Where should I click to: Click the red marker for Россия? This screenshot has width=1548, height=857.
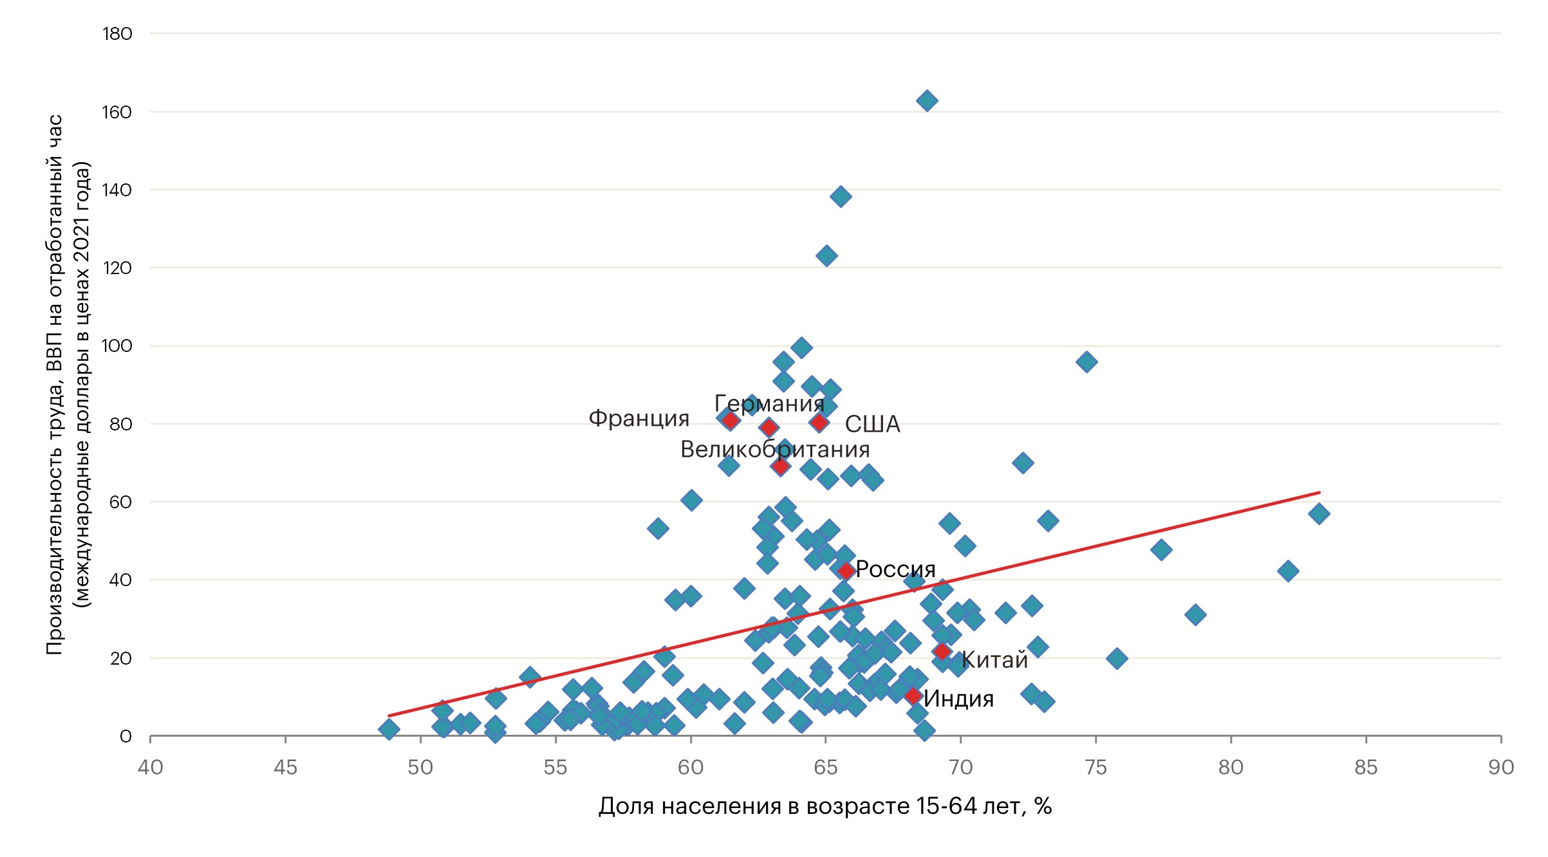click(x=846, y=571)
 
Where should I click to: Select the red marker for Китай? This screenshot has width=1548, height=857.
click(x=942, y=651)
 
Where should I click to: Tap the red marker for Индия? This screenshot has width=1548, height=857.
click(x=912, y=696)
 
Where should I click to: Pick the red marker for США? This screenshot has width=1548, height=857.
click(x=819, y=422)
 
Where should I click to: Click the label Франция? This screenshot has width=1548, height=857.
click(x=639, y=418)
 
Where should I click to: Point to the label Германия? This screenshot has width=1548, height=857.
click(x=769, y=403)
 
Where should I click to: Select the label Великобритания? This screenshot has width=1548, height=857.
click(x=774, y=449)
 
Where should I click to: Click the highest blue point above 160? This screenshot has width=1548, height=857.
click(x=926, y=100)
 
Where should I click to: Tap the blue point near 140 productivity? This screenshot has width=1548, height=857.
click(x=840, y=196)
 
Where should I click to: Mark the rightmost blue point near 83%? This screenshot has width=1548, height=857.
click(x=1319, y=513)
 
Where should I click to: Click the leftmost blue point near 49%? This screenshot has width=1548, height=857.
click(x=389, y=729)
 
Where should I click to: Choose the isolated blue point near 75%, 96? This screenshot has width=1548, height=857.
click(x=1086, y=362)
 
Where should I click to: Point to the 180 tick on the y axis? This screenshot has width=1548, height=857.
click(x=117, y=33)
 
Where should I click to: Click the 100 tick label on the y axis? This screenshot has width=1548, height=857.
click(x=117, y=346)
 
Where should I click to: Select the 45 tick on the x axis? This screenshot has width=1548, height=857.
click(x=285, y=767)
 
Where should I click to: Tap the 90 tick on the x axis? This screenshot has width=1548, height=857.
click(x=1500, y=767)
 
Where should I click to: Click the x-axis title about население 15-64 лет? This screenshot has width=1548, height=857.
click(x=825, y=806)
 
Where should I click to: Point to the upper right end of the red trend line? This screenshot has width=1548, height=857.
click(x=1320, y=493)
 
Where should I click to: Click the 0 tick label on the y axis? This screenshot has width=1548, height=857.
click(x=126, y=736)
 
